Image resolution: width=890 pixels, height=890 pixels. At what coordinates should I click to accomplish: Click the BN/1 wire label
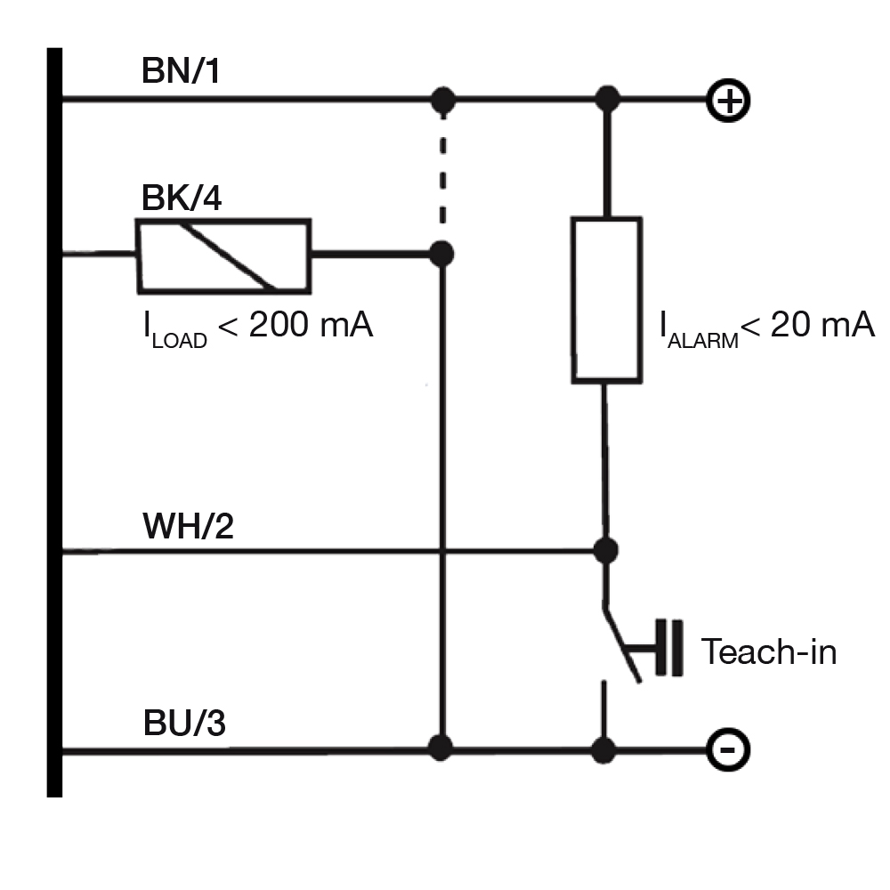click(181, 71)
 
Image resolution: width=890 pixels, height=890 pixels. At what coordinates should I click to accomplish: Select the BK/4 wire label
click(181, 198)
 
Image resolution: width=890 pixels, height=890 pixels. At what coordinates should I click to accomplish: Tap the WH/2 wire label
click(188, 526)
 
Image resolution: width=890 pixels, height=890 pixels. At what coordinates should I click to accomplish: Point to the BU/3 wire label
click(184, 723)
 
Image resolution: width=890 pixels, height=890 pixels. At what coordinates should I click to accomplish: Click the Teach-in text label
click(769, 651)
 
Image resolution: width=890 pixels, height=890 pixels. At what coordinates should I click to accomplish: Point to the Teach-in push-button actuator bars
click(668, 648)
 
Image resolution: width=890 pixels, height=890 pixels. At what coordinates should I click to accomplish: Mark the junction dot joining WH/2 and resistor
click(605, 550)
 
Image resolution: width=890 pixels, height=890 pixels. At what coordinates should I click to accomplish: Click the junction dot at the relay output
click(441, 254)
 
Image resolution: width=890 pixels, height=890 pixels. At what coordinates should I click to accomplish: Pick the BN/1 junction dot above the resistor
click(607, 100)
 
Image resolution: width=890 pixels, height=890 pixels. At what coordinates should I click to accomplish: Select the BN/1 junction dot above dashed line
click(443, 101)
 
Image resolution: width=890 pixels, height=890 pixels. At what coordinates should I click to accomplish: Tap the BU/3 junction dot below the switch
click(603, 749)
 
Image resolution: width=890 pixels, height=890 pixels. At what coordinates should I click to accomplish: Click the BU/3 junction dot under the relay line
click(441, 748)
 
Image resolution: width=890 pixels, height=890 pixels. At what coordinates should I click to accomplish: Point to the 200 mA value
click(311, 325)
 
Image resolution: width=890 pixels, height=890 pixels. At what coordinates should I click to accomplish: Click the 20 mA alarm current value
click(822, 325)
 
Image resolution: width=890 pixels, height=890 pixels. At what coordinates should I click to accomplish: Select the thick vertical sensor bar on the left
click(54, 422)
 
